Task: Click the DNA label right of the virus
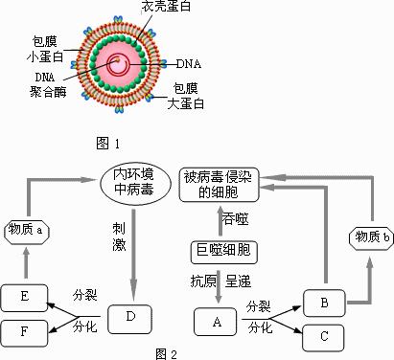pyautogui.click(x=190, y=64)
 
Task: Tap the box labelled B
pyautogui.click(x=324, y=300)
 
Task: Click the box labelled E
pyautogui.click(x=23, y=297)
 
